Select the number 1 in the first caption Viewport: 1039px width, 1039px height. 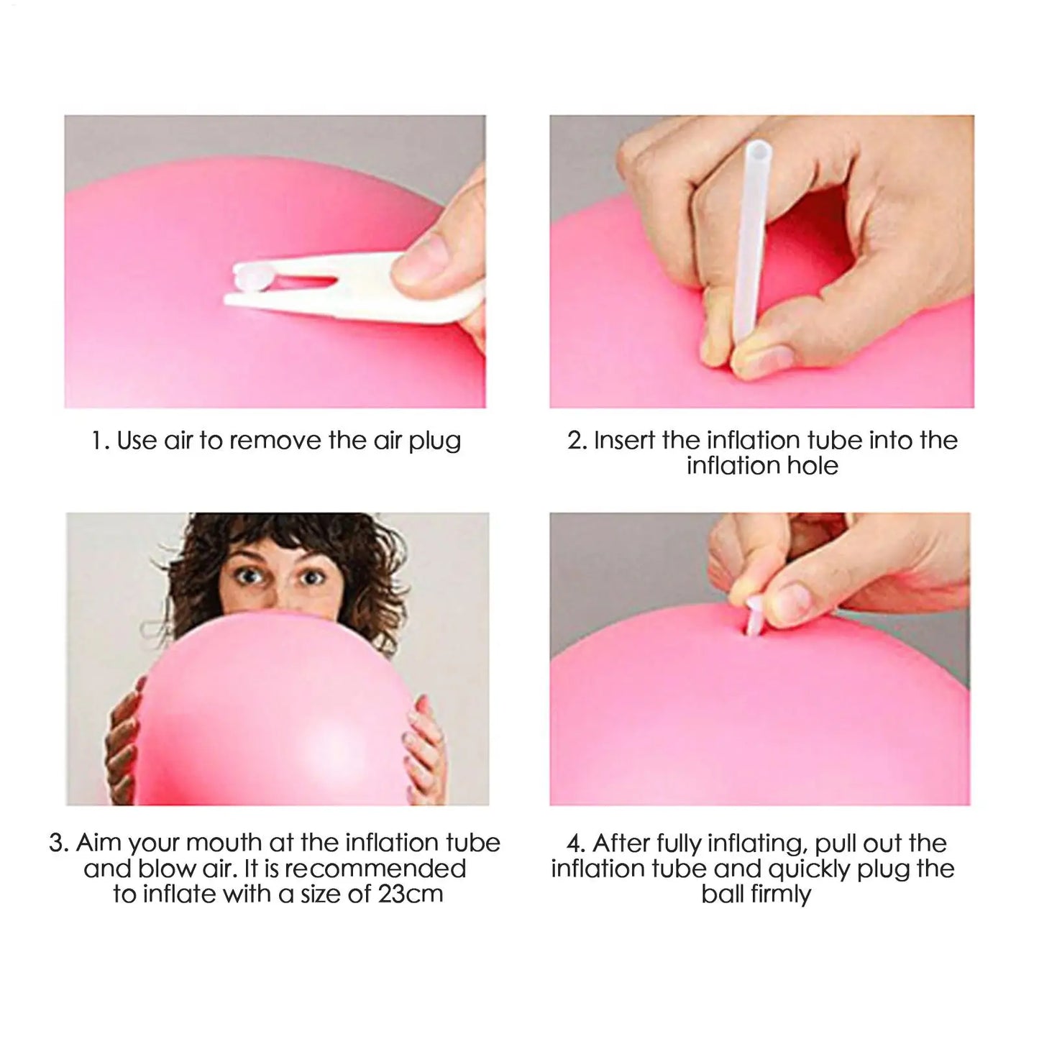pos(97,441)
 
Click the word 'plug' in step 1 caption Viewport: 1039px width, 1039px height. pos(435,441)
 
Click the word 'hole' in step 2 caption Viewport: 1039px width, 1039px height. pos(811,466)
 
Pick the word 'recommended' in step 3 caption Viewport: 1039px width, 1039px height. pos(375,869)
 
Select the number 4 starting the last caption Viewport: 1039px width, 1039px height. pos(573,843)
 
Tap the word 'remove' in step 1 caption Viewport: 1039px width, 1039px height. pos(275,441)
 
